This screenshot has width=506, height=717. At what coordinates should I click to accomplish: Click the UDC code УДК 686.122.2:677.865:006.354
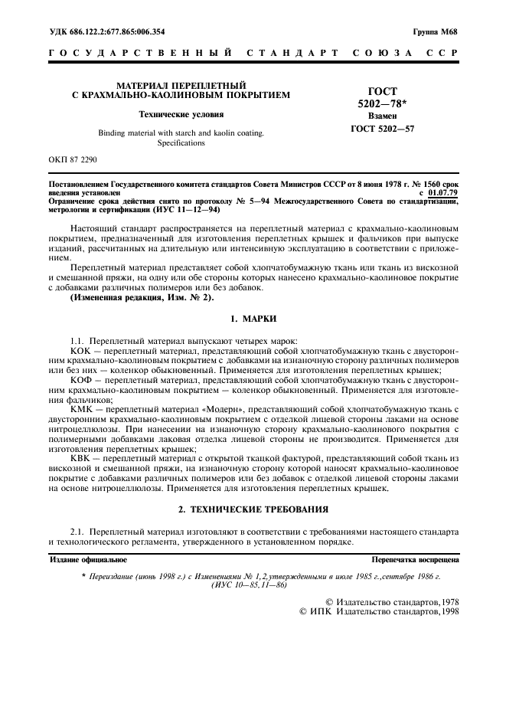coord(106,32)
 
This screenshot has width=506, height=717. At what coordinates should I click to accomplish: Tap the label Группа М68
coord(436,32)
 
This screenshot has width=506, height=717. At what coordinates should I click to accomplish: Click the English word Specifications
coord(181,142)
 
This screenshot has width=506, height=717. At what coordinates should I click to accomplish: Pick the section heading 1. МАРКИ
coord(253,317)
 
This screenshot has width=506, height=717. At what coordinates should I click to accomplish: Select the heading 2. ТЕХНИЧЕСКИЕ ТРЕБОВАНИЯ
coord(253,509)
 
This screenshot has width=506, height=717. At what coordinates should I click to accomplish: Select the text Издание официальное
coord(87,560)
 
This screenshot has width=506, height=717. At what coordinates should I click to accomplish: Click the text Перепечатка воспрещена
coord(415,560)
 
